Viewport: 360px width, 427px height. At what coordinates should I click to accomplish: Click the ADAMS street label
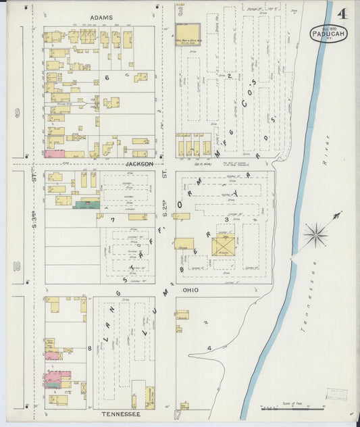[101, 17]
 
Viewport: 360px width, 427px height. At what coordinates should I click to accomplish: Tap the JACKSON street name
[139, 164]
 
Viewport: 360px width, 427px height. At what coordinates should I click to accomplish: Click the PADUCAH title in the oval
[329, 34]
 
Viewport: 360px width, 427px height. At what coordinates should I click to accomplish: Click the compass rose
[315, 235]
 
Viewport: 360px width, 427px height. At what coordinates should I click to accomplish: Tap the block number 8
[89, 348]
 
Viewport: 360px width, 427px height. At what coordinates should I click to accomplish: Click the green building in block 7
[86, 204]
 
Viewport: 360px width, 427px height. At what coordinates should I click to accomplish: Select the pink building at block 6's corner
[54, 154]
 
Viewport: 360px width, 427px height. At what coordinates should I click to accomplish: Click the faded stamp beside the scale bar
[336, 395]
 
